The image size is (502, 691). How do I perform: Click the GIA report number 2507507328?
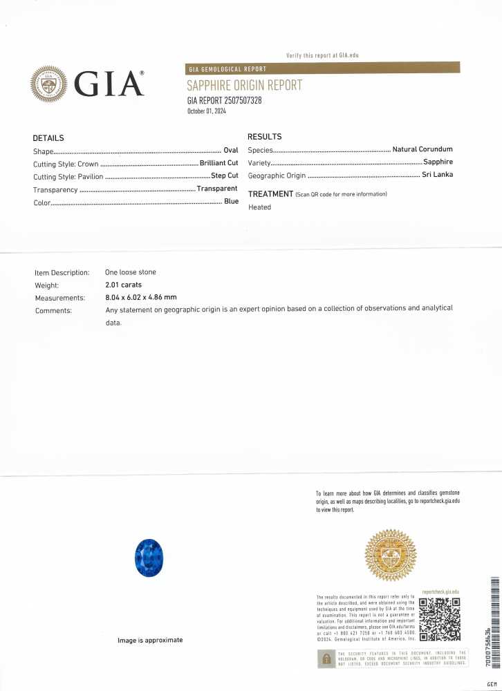(224, 101)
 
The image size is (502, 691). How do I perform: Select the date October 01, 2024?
(207, 111)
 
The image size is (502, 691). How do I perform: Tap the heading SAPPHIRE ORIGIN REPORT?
(244, 86)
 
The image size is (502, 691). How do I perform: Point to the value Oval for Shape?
(230, 151)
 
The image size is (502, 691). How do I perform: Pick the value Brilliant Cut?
(219, 163)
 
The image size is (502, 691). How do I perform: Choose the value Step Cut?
(224, 176)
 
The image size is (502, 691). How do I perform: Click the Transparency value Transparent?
(217, 188)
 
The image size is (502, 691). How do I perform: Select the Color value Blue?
(231, 201)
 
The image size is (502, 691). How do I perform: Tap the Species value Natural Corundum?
(422, 149)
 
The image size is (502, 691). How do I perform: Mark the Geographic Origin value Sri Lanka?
(437, 175)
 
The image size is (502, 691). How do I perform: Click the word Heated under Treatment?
(260, 207)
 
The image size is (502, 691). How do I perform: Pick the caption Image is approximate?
(150, 640)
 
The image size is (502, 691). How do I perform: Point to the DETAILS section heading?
(48, 138)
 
